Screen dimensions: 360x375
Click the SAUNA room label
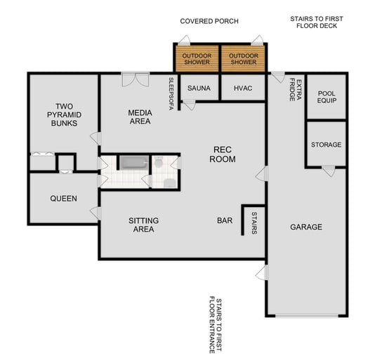pyautogui.click(x=199, y=88)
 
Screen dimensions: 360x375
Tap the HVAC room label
pyautogui.click(x=242, y=88)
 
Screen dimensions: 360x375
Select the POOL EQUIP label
pyautogui.click(x=327, y=97)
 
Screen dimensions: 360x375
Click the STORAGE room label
pyautogui.click(x=326, y=145)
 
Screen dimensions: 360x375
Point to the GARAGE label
pyautogui.click(x=306, y=227)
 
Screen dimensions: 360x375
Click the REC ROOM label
pyautogui.click(x=224, y=154)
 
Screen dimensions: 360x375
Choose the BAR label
pyautogui.click(x=225, y=220)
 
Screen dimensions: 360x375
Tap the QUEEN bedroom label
pyautogui.click(x=63, y=199)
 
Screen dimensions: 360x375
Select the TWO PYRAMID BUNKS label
pyautogui.click(x=63, y=115)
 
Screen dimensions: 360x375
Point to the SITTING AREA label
pyautogui.click(x=143, y=225)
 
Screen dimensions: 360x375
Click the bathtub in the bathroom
pyautogui.click(x=132, y=164)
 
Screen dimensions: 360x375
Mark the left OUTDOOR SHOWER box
pyautogui.click(x=197, y=59)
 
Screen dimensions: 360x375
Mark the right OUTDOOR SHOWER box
pyautogui.click(x=243, y=59)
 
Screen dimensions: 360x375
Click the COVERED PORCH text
pyautogui.click(x=209, y=21)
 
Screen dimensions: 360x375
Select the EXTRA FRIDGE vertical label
pyautogui.click(x=296, y=90)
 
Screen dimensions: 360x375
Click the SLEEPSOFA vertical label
pyautogui.click(x=171, y=93)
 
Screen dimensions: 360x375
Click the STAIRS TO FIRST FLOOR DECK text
pyautogui.click(x=314, y=22)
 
